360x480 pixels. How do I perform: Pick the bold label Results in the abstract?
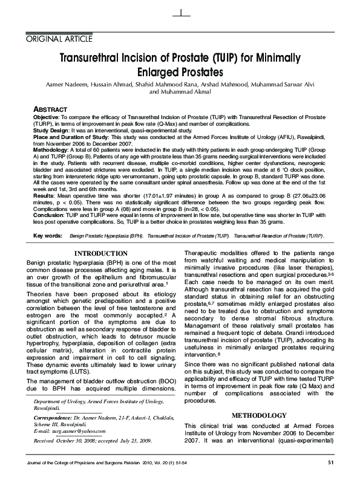(44, 195)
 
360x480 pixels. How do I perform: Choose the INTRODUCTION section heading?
(100, 253)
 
